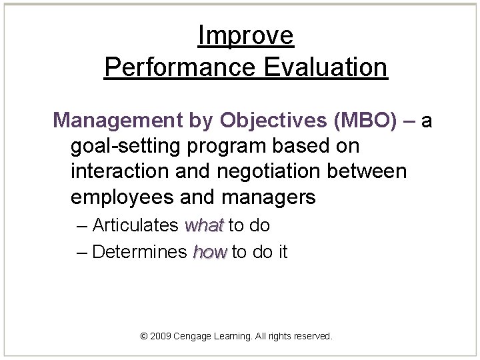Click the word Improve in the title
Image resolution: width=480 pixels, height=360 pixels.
pyautogui.click(x=245, y=36)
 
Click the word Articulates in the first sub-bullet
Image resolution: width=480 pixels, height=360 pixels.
pyautogui.click(x=136, y=226)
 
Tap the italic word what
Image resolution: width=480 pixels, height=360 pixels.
pyautogui.click(x=204, y=226)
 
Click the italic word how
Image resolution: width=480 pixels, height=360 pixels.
pyautogui.click(x=210, y=253)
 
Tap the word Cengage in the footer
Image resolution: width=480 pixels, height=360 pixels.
pyautogui.click(x=193, y=337)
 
